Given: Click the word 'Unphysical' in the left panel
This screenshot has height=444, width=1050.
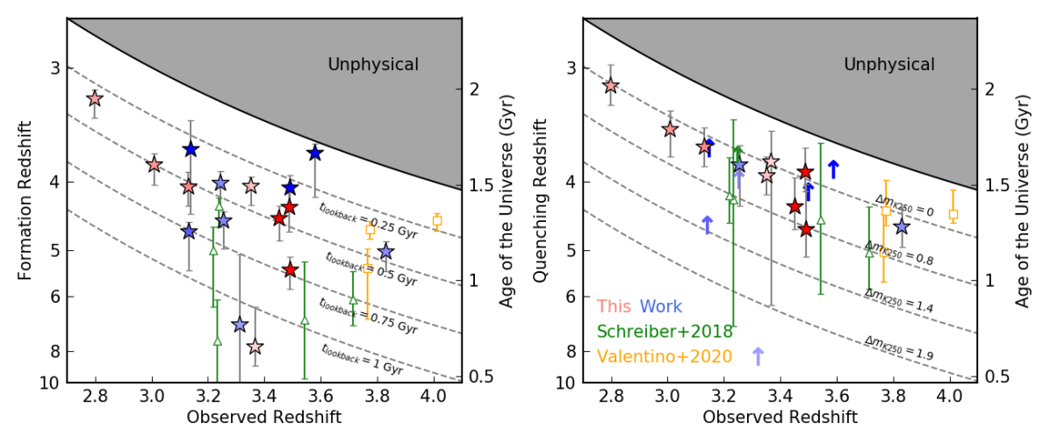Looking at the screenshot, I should [373, 64].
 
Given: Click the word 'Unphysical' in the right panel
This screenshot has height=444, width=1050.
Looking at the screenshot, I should [889, 64].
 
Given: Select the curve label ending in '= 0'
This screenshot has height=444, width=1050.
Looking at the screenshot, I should [904, 205].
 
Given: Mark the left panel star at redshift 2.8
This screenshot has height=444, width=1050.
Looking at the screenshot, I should [95, 99].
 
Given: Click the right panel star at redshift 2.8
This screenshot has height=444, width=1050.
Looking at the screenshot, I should [611, 85].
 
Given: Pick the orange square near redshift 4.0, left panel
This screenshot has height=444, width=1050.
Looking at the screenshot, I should [436, 220].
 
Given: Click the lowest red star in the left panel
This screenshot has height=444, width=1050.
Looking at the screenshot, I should [291, 269].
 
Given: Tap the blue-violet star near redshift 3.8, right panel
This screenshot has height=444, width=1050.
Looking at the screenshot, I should [901, 226].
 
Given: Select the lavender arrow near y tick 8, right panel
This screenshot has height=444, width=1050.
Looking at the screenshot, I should [758, 356].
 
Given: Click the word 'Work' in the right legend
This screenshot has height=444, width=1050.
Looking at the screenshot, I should [660, 307].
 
